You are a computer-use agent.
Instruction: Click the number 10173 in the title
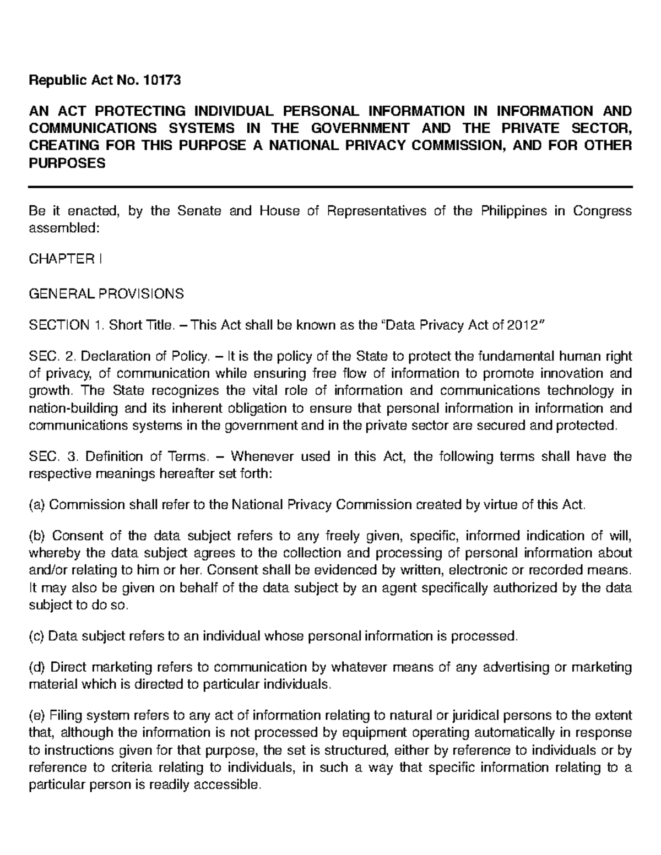click(161, 81)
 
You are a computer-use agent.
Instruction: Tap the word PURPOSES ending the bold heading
click(67, 164)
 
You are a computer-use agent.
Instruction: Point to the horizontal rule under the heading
click(330, 188)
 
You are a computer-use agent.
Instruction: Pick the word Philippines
click(513, 212)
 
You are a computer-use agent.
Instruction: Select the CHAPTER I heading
click(65, 259)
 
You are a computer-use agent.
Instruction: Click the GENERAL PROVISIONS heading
click(106, 294)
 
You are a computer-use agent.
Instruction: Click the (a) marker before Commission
click(37, 505)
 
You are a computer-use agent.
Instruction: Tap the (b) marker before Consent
click(38, 536)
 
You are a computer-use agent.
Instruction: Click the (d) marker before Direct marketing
click(38, 667)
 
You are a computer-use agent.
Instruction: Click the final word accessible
click(231, 785)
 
